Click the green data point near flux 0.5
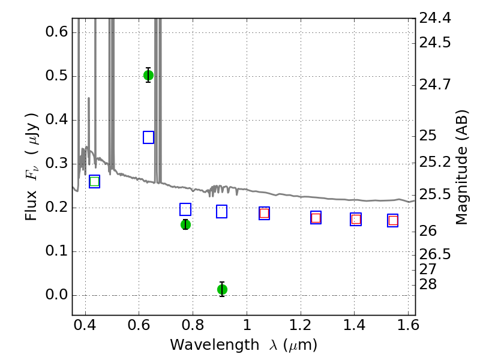148,75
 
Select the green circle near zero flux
222,289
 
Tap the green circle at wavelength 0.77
185,224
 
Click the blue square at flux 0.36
148,137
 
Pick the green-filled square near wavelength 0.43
95,182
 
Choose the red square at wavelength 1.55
393,220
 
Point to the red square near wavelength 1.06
264,213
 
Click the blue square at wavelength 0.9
221,212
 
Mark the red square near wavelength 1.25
316,218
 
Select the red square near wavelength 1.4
356,220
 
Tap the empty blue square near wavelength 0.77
185,209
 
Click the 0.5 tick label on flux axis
56,76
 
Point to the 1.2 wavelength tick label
301,325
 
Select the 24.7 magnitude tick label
434,84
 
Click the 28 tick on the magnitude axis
428,284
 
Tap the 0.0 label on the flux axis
56,295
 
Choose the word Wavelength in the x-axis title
215,345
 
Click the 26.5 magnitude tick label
434,254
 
